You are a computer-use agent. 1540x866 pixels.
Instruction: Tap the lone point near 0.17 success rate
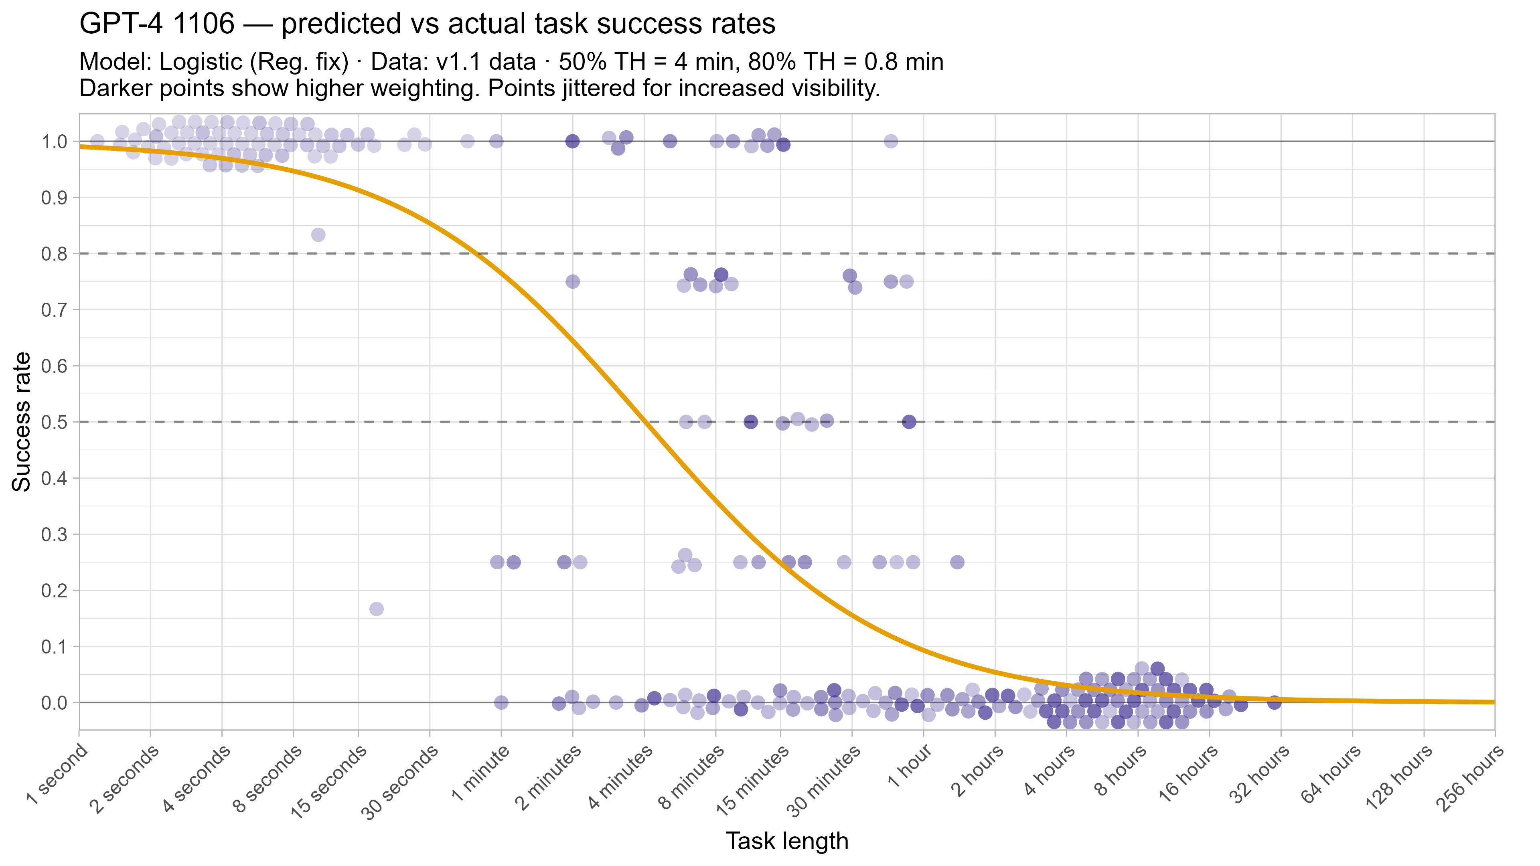click(376, 609)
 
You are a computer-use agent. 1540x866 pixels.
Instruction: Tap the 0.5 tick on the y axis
click(54, 422)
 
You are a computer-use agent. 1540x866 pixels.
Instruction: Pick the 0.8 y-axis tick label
click(54, 254)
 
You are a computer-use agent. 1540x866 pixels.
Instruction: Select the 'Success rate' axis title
click(22, 422)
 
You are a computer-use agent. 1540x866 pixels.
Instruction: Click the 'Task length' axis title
click(787, 841)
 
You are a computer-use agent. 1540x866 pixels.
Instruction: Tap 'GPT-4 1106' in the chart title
click(157, 24)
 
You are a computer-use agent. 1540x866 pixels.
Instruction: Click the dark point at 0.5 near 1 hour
click(909, 422)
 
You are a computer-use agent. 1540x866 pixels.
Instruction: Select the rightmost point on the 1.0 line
click(891, 141)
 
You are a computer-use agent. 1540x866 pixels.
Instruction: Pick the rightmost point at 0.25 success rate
click(957, 562)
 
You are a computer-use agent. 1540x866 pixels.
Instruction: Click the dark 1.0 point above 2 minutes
click(572, 141)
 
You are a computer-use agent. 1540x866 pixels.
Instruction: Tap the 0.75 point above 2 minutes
click(572, 281)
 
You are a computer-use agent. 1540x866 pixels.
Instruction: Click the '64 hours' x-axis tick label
click(1331, 775)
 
